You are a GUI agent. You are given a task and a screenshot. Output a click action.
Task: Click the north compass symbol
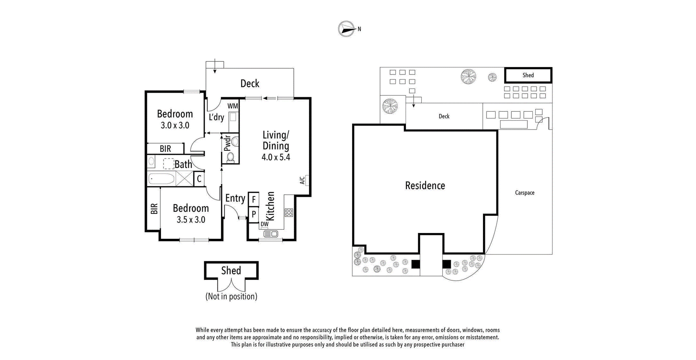346,29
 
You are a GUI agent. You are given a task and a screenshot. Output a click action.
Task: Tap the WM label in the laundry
232,106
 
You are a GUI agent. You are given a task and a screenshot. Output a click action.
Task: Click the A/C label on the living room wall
302,180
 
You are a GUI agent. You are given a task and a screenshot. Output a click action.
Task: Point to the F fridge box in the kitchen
253,199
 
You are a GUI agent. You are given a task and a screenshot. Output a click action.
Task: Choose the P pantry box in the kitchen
253,214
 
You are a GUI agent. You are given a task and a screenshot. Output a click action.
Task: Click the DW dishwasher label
264,224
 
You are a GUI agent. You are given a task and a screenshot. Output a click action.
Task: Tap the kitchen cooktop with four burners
288,212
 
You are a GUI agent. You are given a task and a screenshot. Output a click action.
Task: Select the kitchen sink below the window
271,234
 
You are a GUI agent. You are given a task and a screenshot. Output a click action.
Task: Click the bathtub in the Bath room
161,178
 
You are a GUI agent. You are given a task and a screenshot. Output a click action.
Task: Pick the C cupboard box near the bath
199,179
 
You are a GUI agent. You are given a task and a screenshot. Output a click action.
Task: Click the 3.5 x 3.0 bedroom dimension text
191,220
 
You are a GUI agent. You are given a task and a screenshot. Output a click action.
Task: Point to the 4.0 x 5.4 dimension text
276,157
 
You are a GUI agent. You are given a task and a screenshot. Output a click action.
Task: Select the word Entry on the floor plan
235,198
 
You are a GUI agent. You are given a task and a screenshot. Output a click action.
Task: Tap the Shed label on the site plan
528,75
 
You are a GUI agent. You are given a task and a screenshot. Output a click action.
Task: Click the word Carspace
525,193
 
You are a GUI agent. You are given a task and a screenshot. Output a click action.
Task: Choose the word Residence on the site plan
425,186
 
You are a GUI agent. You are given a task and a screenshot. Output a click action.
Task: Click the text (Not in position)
231,296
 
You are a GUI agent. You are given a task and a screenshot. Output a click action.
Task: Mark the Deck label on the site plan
444,116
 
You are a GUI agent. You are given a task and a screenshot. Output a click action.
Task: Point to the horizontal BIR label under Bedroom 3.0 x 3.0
165,149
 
